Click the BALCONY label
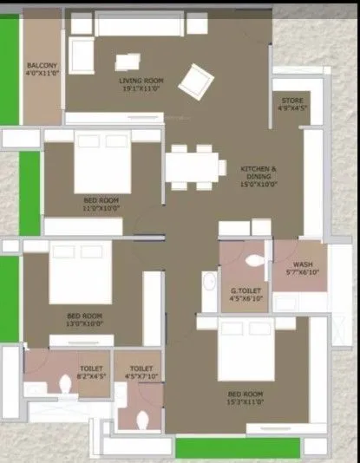(x=42, y=66)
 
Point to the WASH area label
(x=303, y=264)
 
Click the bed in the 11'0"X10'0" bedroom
(x=102, y=162)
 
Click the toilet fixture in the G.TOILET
(x=255, y=260)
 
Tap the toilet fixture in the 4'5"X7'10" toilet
(x=145, y=419)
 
